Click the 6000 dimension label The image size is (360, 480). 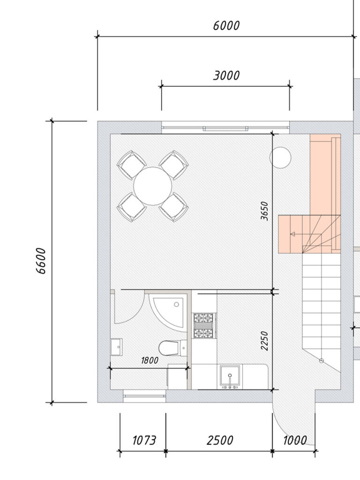click(226, 26)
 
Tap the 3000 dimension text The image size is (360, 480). click(226, 76)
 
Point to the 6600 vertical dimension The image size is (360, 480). click(41, 261)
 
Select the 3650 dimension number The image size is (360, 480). click(264, 211)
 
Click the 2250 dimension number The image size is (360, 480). click(264, 341)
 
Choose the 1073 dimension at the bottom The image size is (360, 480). click(144, 440)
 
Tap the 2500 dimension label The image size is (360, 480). click(220, 440)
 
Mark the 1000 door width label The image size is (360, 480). click(295, 440)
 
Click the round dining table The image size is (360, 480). click(152, 186)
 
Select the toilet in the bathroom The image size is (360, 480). click(172, 348)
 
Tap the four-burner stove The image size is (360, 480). click(203, 326)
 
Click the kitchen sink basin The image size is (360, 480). click(230, 375)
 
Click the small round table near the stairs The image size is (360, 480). click(280, 158)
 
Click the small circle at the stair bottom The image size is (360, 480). click(321, 361)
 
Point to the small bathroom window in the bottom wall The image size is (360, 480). click(144, 396)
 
